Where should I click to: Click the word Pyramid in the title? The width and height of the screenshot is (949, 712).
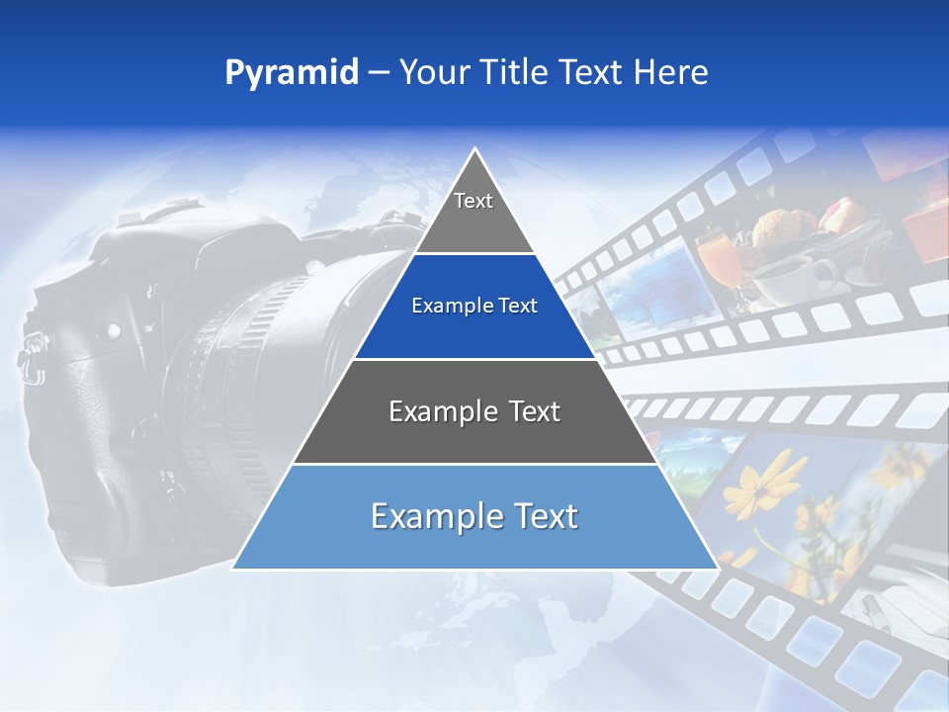pyautogui.click(x=291, y=73)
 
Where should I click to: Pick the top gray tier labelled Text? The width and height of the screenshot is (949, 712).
pyautogui.click(x=474, y=213)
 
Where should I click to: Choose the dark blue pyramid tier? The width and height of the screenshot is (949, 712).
pyautogui.click(x=474, y=307)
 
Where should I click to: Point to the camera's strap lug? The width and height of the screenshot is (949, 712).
pyautogui.click(x=32, y=345)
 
